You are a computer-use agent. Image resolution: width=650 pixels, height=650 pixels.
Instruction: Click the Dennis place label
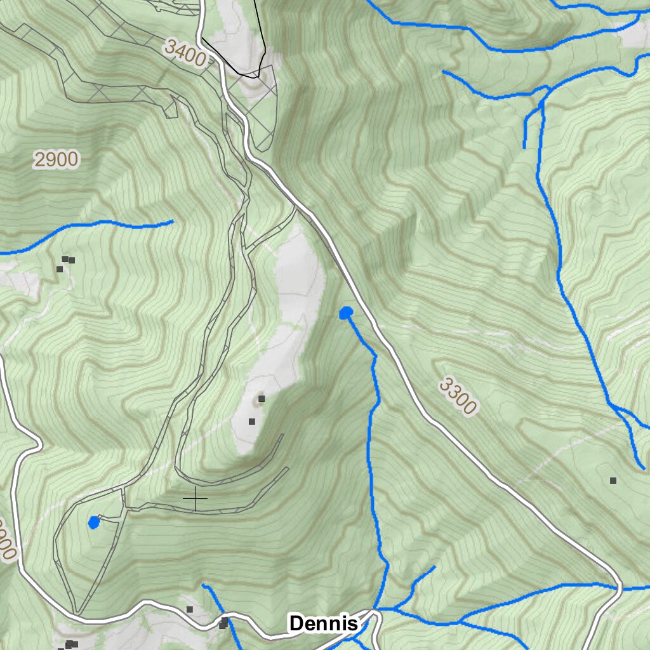323,623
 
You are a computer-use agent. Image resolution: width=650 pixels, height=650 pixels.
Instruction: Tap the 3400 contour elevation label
184,53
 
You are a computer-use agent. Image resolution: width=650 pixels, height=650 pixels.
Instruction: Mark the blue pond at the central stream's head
346,313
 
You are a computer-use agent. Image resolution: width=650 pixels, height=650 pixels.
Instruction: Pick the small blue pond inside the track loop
94,522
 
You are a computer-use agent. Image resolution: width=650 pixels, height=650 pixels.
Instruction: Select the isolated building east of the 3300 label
613,481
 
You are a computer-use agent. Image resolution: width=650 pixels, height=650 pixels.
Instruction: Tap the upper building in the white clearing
261,399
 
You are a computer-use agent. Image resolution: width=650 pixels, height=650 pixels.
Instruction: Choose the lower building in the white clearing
251,421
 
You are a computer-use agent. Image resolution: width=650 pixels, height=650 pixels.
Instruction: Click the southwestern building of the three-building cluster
59,269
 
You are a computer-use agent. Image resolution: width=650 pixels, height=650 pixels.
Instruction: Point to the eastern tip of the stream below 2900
173,222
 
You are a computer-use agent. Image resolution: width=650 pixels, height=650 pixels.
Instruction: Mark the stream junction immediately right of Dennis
379,610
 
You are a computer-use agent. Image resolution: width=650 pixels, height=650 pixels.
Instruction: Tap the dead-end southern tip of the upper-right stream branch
525,149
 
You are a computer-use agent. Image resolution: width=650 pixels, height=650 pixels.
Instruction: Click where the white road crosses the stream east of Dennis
619,588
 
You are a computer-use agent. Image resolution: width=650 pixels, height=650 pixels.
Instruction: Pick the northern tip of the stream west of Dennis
203,585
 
